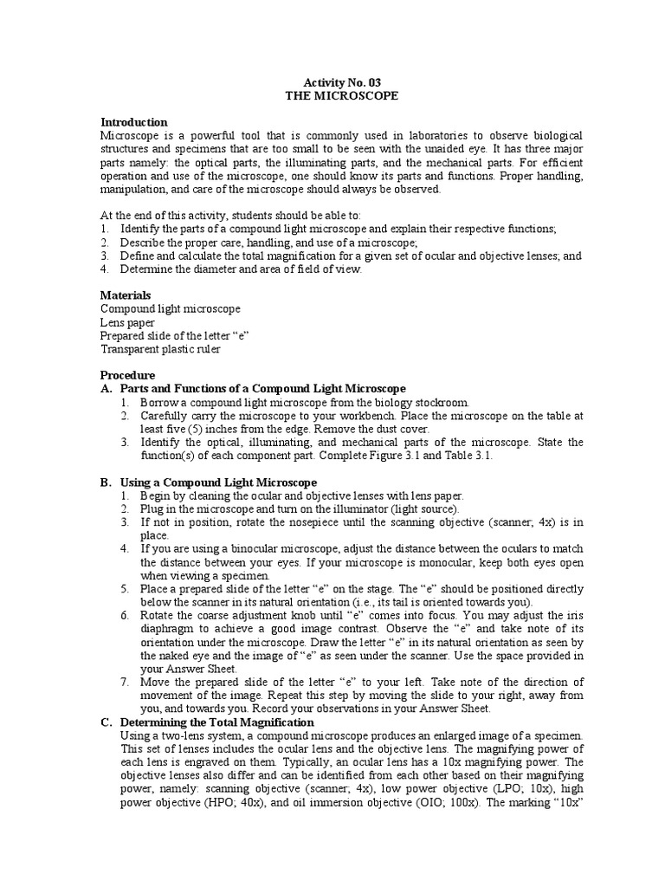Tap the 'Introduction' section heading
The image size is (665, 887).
tap(134, 122)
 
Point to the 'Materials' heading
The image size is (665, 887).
tap(126, 295)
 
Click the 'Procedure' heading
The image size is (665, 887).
tap(128, 376)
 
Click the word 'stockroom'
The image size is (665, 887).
tap(440, 403)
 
